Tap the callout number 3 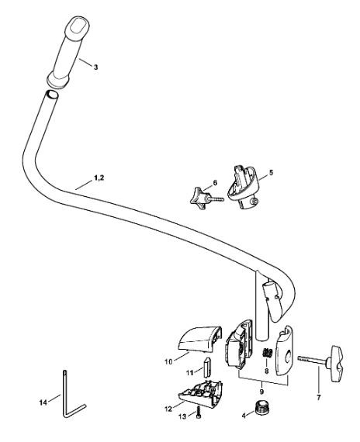tap(96, 67)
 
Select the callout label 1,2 tap(99, 178)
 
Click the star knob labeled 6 tap(199, 199)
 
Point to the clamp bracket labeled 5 tap(243, 187)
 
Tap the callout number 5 tap(271, 172)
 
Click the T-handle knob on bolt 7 tap(335, 359)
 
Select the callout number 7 tap(319, 398)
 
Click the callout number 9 tap(261, 392)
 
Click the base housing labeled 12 tap(202, 394)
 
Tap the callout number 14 tap(43, 402)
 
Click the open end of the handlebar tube tap(52, 95)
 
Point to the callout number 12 tap(168, 409)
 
